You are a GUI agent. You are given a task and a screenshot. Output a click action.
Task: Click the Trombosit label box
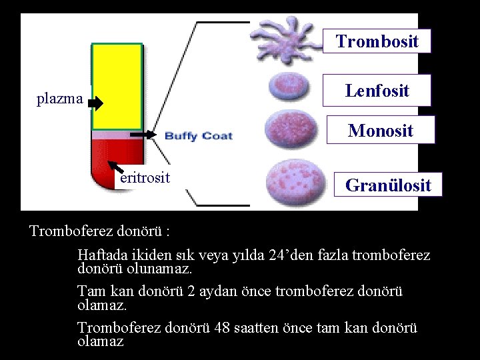click(377, 41)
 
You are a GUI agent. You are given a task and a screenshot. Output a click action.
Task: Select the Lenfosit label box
click(377, 90)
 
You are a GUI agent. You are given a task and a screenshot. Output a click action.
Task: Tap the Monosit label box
click(380, 130)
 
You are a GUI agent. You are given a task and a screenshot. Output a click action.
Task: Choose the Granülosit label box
click(387, 185)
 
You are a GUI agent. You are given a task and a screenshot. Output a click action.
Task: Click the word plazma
click(59, 100)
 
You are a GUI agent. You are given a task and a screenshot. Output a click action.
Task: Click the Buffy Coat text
click(198, 136)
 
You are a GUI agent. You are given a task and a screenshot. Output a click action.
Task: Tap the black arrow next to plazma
click(95, 103)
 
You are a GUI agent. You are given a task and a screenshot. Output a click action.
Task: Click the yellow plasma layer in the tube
click(117, 85)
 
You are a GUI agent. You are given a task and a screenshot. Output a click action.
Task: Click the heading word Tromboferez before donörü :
click(69, 231)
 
